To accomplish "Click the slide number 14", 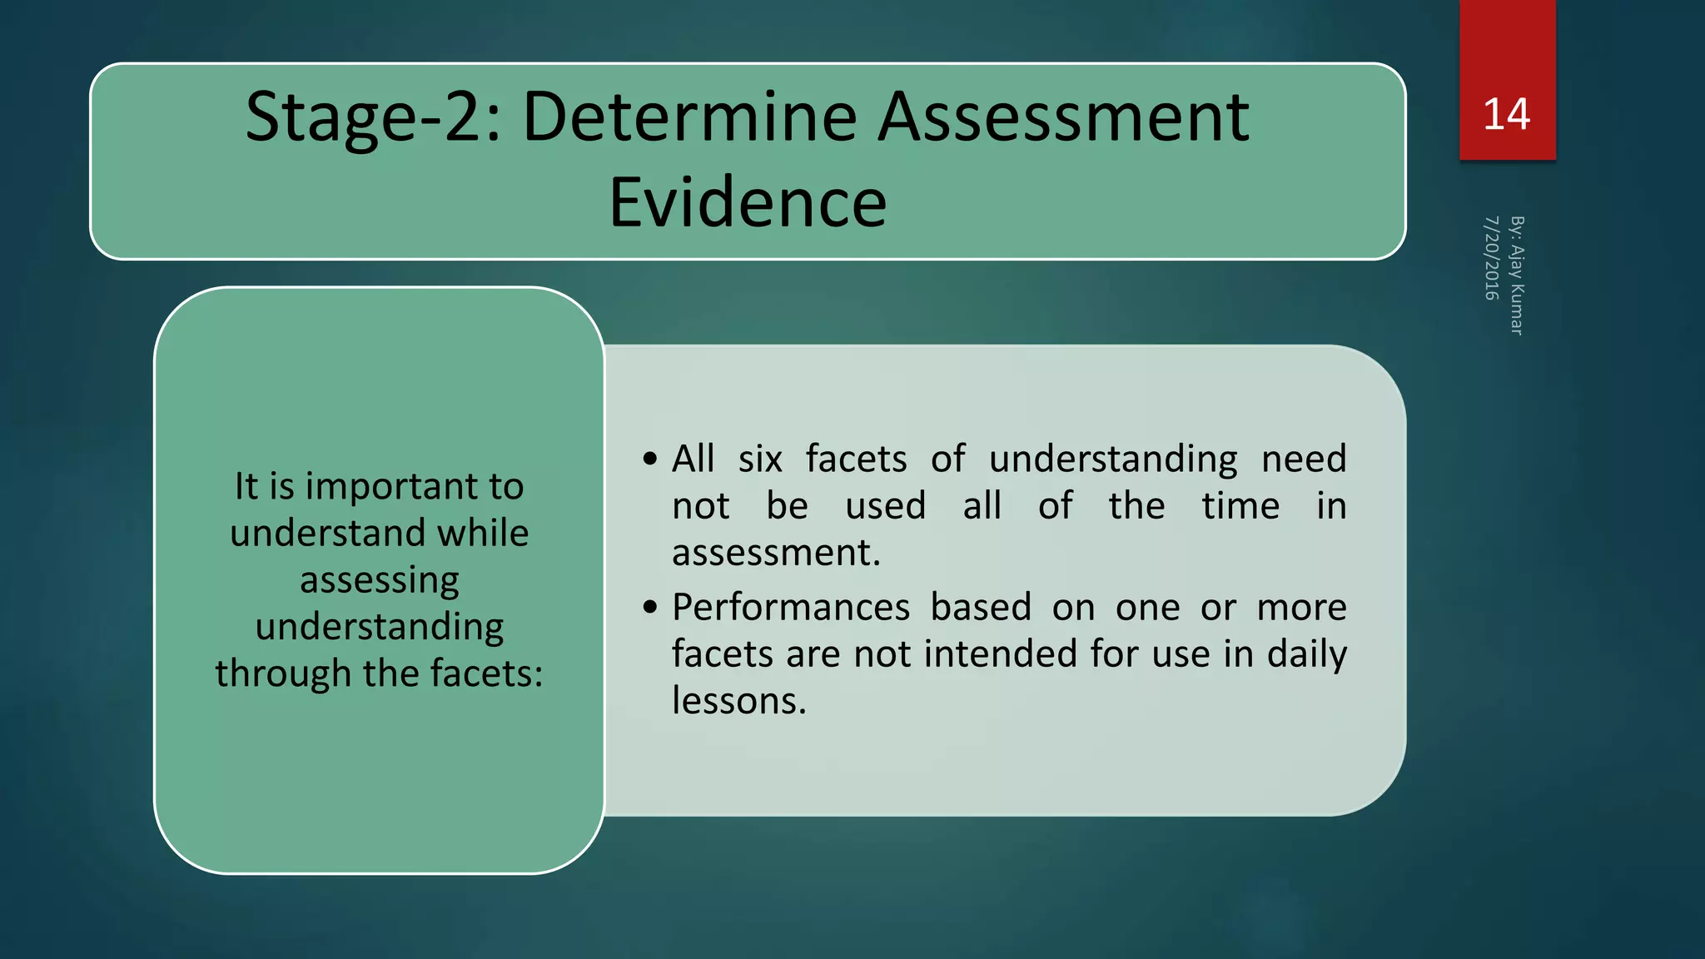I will (1506, 115).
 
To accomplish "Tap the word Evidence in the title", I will (748, 202).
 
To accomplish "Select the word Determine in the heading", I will (689, 117).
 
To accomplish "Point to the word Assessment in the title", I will (1063, 117).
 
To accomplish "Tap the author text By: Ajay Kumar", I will (1517, 276).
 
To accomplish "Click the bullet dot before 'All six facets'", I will (650, 459).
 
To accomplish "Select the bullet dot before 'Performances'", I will (650, 607).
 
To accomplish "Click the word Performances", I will (791, 607).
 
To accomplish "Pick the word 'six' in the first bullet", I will (760, 459).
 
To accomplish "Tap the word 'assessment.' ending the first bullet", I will (776, 553).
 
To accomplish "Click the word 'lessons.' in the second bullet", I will (739, 701).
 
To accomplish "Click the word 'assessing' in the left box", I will (380, 580).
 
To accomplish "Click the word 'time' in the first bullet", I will (1240, 505).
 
